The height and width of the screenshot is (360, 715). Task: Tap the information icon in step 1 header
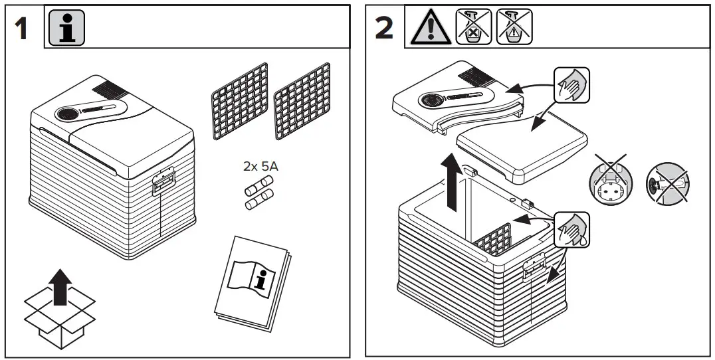click(x=66, y=28)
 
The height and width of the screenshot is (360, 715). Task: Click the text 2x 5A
click(x=261, y=166)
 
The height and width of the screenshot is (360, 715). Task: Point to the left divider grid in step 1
click(x=239, y=102)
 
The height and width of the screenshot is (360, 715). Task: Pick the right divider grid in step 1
click(x=302, y=102)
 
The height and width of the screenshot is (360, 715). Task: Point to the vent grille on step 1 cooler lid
click(x=110, y=88)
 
